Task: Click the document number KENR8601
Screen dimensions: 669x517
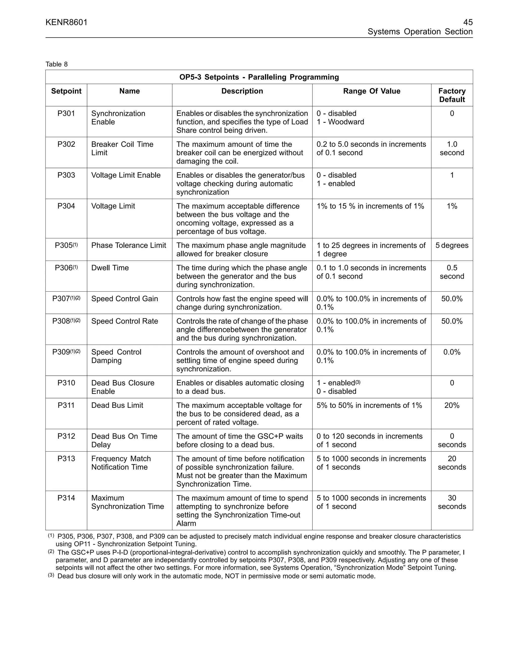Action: pyautogui.click(x=66, y=22)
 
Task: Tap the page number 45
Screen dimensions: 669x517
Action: pyautogui.click(x=468, y=22)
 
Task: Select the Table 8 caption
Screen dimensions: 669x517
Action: pyautogui.click(x=57, y=64)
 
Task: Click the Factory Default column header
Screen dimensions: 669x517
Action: pyautogui.click(x=452, y=95)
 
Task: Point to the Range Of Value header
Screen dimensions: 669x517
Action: pyautogui.click(x=372, y=91)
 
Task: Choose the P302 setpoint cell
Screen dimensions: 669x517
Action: pyautogui.click(x=66, y=144)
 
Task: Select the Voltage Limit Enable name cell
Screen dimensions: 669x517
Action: pyautogui.click(x=126, y=175)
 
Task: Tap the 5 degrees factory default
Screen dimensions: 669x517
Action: pyautogui.click(x=452, y=245)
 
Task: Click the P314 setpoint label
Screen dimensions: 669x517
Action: pyautogui.click(x=66, y=498)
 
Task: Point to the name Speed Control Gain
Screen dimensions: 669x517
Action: pyautogui.click(x=125, y=299)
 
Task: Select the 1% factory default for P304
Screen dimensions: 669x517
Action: pyautogui.click(x=452, y=206)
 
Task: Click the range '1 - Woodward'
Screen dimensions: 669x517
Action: pyautogui.click(x=340, y=122)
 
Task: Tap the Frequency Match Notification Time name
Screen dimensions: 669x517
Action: pyautogui.click(x=121, y=463)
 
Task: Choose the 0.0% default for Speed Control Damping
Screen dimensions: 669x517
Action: pyautogui.click(x=452, y=352)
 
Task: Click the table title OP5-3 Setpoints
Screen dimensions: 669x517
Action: pyautogui.click(x=259, y=77)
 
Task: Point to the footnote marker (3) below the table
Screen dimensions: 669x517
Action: pyautogui.click(x=51, y=576)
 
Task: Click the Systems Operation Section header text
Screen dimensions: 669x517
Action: pyautogui.click(x=420, y=32)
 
